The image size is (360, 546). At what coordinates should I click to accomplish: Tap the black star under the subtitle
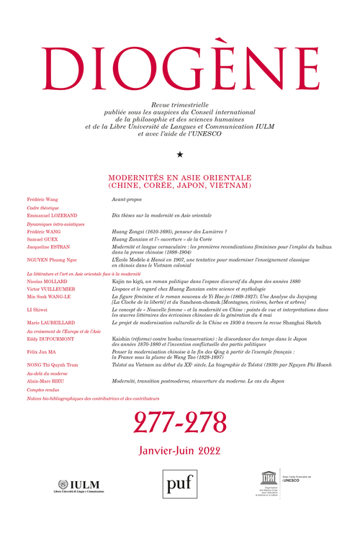[x=180, y=153]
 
